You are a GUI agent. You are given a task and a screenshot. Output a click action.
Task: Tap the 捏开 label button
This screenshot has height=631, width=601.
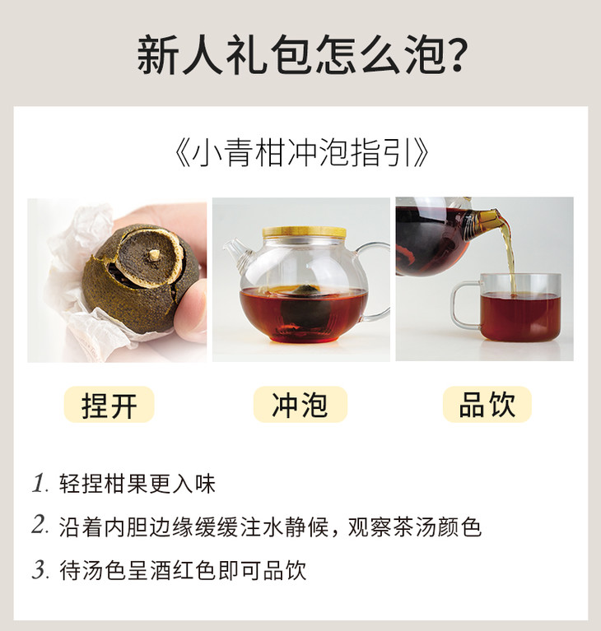109,405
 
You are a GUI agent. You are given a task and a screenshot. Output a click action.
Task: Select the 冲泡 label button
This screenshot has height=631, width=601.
300,405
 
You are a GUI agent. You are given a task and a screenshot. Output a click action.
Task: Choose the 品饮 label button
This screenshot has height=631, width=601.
487,405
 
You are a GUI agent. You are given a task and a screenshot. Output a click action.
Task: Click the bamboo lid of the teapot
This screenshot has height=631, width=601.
305,232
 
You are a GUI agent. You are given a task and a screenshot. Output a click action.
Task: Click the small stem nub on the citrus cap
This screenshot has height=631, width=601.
153,254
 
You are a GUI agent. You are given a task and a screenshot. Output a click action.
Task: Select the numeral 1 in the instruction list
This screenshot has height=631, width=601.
40,483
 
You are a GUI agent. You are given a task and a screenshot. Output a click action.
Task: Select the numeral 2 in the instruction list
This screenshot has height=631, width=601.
40,525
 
